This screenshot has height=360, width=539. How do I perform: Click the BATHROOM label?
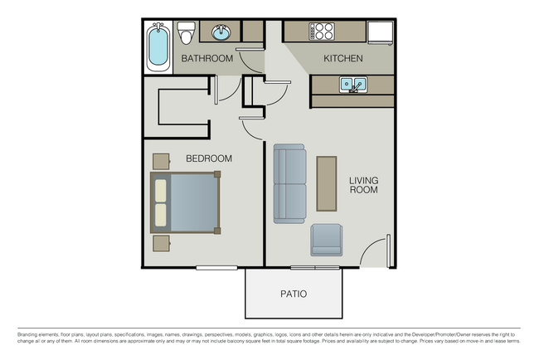coord(206,58)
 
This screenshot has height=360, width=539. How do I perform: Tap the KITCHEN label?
coord(342,59)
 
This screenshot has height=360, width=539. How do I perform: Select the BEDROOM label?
coord(208,158)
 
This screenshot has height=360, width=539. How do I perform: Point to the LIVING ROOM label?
coord(363,184)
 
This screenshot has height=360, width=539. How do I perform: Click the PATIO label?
coord(293,294)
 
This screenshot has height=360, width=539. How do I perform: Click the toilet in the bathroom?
coord(186,35)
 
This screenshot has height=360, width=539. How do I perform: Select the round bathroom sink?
coord(221,33)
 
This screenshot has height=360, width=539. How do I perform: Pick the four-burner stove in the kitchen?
coord(322,32)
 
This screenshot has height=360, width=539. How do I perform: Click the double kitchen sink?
coord(352,84)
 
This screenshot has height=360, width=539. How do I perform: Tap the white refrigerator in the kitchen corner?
coord(381,32)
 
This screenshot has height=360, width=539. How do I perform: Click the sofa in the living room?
coord(289,183)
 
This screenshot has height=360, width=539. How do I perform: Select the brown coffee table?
coord(327,183)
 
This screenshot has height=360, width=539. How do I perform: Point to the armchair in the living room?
coord(327,241)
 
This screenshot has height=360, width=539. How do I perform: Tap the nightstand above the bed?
coord(160,160)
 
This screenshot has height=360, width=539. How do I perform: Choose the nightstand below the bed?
coord(161,242)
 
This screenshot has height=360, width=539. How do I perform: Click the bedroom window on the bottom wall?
coord(216,267)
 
